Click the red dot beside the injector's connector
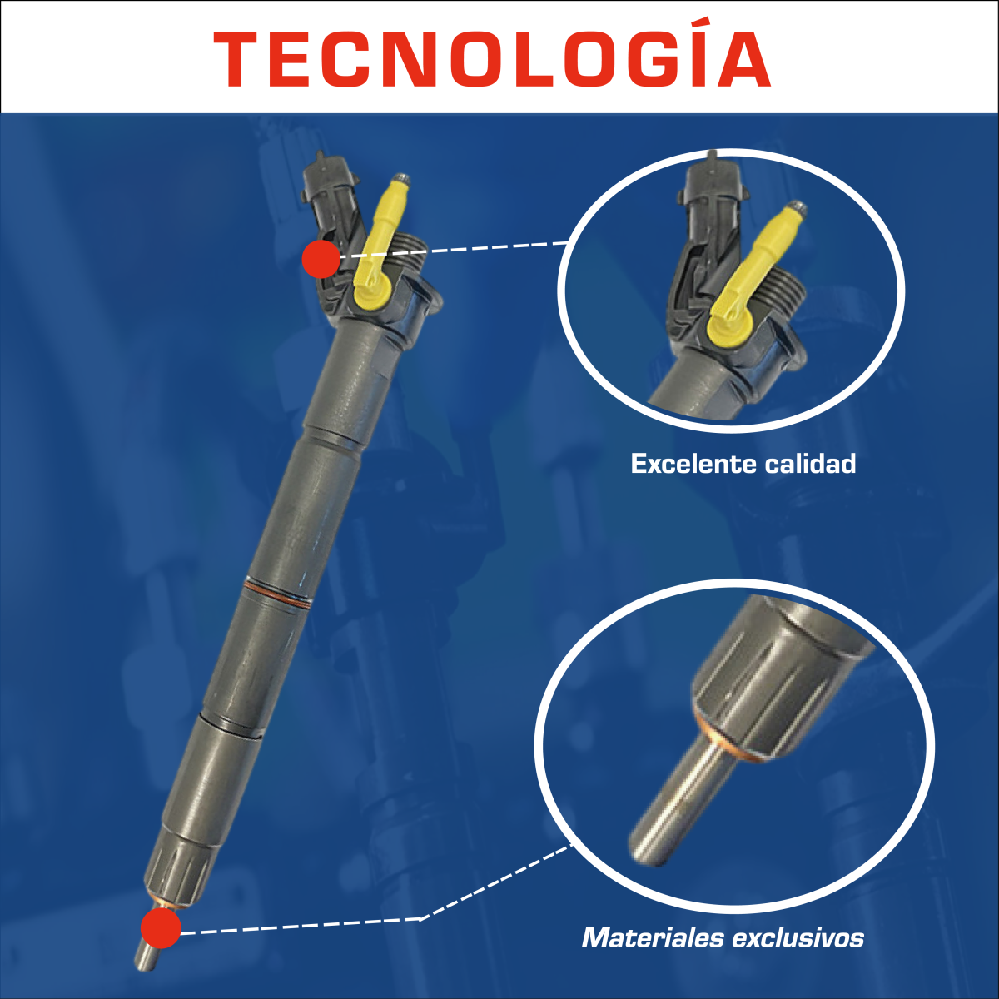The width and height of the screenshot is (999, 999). point(321,259)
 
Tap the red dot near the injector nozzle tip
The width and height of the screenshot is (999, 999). point(162,928)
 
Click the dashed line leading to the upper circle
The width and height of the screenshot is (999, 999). point(454,248)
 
